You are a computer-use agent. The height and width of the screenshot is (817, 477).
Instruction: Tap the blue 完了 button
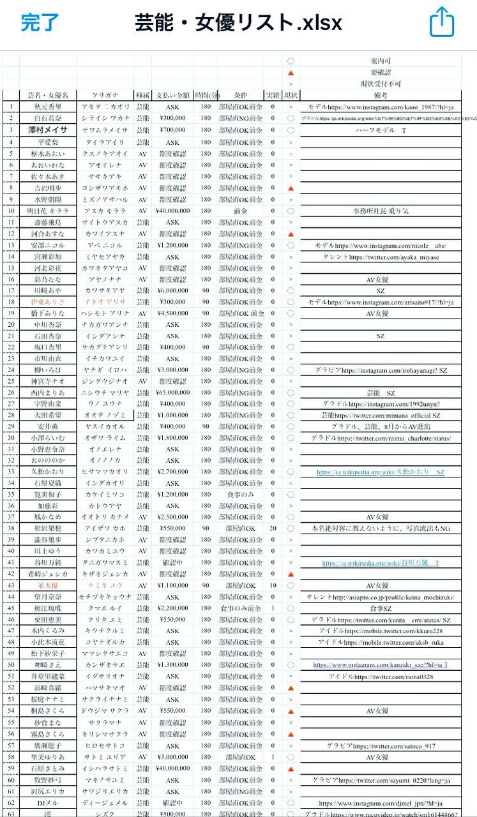point(40,23)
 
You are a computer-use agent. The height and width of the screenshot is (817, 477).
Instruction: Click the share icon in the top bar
point(441,23)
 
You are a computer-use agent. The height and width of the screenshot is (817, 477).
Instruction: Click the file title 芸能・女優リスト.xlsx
point(238,23)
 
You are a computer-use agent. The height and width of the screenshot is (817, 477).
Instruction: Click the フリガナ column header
point(105,95)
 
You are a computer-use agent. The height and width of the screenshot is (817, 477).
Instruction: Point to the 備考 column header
point(380,95)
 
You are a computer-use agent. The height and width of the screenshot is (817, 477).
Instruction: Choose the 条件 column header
point(240,95)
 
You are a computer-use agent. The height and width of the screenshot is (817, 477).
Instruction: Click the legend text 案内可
point(380,61)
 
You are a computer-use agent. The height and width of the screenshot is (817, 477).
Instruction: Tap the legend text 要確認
point(380,72)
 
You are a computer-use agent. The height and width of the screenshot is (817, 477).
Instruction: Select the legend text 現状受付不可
point(380,84)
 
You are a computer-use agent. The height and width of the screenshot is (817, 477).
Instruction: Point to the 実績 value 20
point(273,528)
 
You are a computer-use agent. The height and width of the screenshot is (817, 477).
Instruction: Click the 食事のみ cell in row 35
point(240,495)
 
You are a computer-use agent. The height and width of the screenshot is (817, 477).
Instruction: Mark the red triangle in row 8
point(291,188)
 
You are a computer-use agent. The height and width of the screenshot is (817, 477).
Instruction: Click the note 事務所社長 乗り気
point(380,211)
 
